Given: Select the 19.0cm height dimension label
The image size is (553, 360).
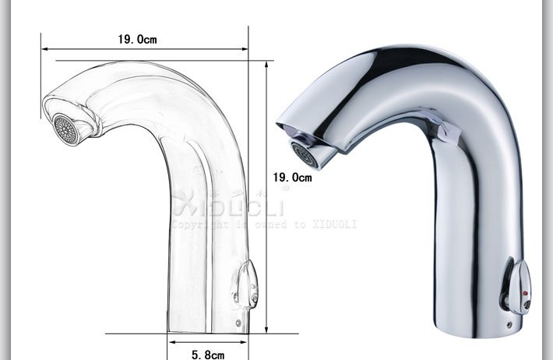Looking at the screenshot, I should click(x=291, y=178).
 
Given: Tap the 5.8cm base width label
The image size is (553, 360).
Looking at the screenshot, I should click(x=206, y=355).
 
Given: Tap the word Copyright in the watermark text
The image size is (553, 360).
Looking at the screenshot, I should click(x=195, y=224).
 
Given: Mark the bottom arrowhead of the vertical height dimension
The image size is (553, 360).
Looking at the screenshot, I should click(x=267, y=330).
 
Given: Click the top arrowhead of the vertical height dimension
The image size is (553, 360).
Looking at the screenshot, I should click(x=267, y=63).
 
